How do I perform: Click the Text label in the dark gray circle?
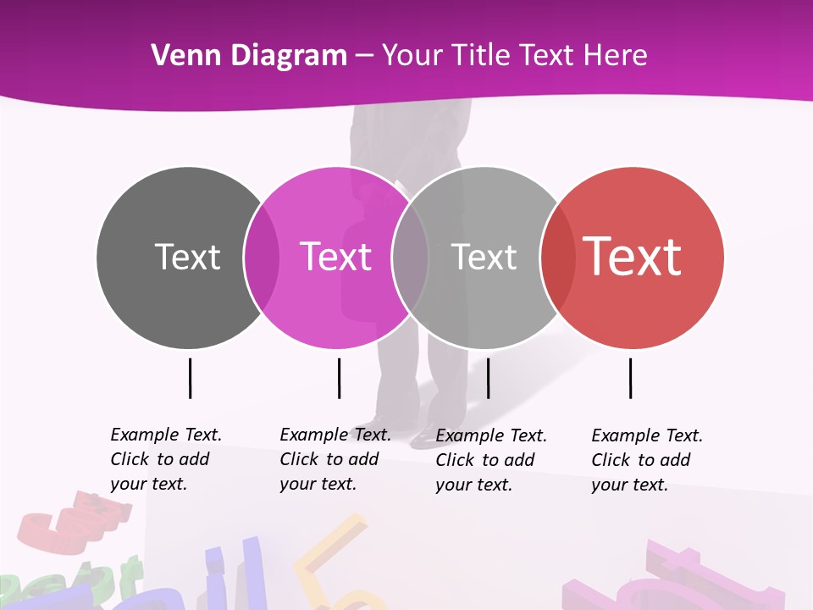187,257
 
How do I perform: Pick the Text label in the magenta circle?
336,257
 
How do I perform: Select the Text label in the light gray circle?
484,257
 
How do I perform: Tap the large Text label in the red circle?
633,257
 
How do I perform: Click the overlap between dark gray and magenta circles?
262,257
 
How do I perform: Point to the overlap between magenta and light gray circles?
410,257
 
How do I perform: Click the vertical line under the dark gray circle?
190,378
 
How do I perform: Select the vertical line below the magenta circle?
339,378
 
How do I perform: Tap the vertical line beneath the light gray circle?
488,378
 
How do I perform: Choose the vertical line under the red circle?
630,378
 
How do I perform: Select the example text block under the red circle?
646,460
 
